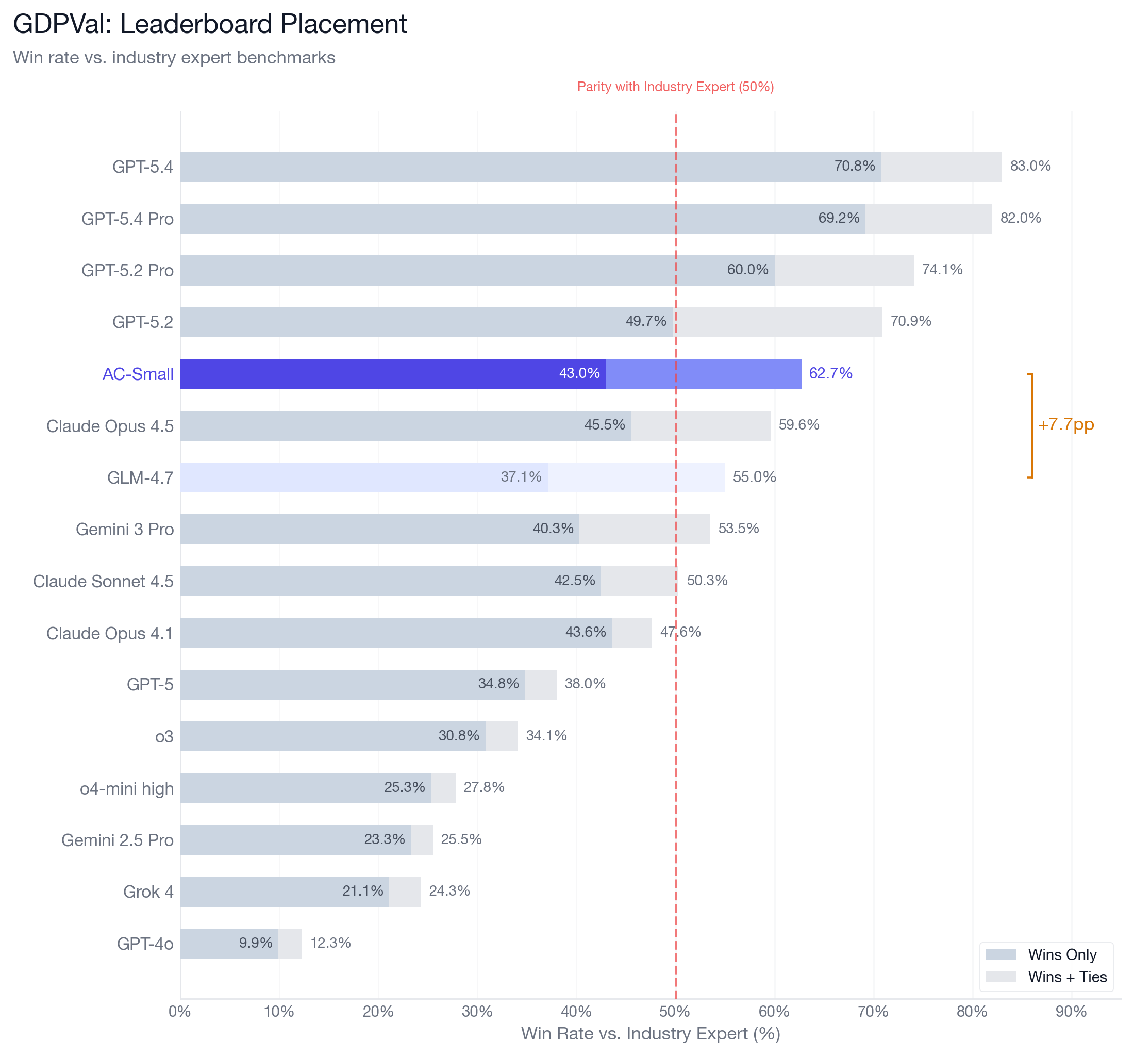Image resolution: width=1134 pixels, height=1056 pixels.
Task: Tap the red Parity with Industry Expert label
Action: point(675,87)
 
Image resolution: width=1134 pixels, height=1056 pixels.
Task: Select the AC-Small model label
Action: point(138,374)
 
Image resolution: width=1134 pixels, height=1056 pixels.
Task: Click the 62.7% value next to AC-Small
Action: point(830,373)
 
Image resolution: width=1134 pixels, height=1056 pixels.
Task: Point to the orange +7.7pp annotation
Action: point(1065,424)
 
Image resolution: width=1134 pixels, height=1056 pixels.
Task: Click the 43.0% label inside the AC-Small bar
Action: point(579,373)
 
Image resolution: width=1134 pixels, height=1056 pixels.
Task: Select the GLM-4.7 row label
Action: point(140,477)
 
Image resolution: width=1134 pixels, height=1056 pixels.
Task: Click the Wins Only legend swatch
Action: point(1000,954)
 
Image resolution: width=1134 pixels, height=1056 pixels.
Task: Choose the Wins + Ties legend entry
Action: point(1066,977)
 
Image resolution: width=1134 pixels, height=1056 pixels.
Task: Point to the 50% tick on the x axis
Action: point(675,1012)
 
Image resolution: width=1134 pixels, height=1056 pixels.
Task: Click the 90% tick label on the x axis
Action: point(1071,1012)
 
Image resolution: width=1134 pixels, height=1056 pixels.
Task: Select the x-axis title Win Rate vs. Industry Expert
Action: point(651,1034)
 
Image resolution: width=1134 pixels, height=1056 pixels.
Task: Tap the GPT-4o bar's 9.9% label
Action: point(256,943)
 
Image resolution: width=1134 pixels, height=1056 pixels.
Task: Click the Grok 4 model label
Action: point(148,892)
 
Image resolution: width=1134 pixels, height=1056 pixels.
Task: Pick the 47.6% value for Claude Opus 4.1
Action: point(680,632)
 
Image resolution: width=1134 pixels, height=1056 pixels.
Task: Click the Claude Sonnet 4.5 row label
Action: point(103,581)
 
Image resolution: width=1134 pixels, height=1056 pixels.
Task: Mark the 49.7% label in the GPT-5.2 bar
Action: point(646,321)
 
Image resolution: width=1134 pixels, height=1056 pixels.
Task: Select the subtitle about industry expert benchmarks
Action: point(174,58)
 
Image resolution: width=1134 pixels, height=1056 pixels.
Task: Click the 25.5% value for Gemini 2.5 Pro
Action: point(461,839)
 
